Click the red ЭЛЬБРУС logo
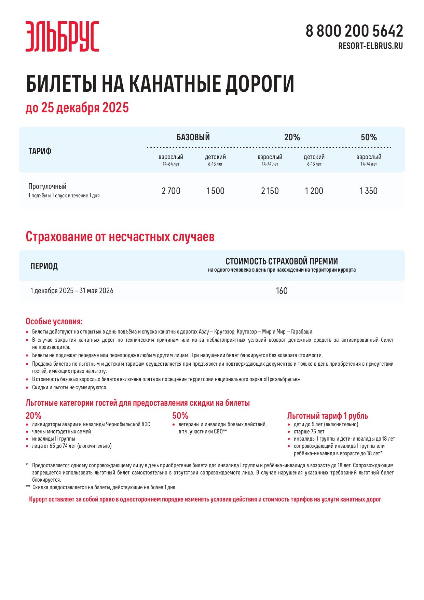(x=62, y=36)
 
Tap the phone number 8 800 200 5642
(x=354, y=31)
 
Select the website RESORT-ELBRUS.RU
(x=370, y=46)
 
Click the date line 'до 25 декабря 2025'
(x=77, y=108)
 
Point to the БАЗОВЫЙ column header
(x=193, y=137)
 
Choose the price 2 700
(x=171, y=191)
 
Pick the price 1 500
(x=215, y=191)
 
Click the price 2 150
(x=270, y=191)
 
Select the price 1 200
(x=314, y=191)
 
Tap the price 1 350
(x=368, y=191)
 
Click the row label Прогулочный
(x=47, y=186)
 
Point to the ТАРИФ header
(x=40, y=151)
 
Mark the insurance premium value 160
(x=282, y=291)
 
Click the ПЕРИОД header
(x=44, y=266)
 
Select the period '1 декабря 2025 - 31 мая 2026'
(x=72, y=291)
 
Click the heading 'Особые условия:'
(x=54, y=322)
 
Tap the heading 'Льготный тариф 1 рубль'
(x=327, y=416)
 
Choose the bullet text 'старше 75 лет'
(x=309, y=432)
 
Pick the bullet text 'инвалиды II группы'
(x=53, y=439)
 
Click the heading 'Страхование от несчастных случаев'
(x=120, y=237)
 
